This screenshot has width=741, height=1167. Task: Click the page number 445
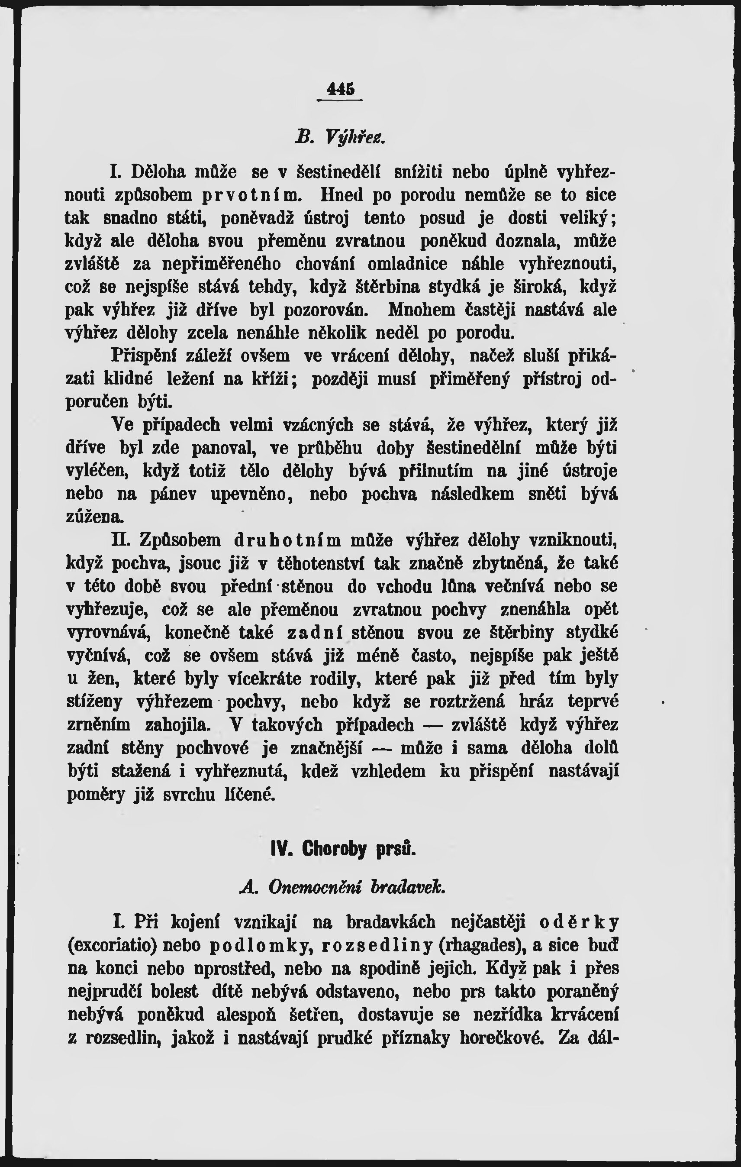[341, 89]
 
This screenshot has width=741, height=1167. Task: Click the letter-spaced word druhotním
[287, 540]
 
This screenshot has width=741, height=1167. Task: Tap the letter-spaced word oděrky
[579, 922]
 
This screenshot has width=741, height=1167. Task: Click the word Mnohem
[419, 310]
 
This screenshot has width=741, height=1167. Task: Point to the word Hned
[341, 195]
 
